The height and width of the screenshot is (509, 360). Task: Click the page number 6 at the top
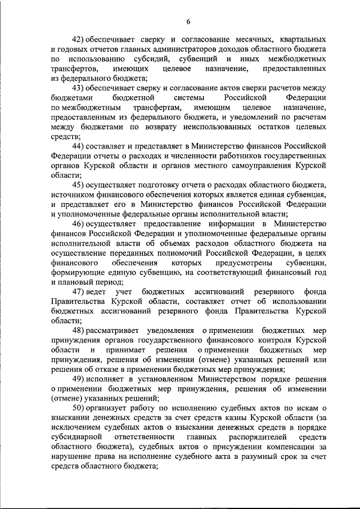point(188,21)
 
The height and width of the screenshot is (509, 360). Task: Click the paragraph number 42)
point(79,39)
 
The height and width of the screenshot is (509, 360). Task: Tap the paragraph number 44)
point(79,146)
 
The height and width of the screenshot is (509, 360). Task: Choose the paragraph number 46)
point(79,223)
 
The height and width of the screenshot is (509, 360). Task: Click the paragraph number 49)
point(79,379)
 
